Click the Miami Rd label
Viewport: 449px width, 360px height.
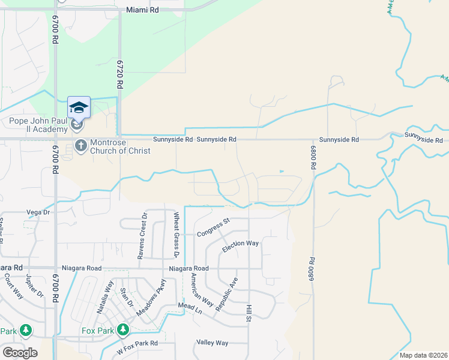[142, 10]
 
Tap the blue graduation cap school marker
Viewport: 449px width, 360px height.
[79, 107]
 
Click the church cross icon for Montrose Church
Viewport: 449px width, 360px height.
[80, 145]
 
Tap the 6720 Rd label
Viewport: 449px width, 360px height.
[119, 74]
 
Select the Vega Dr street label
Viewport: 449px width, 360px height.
[37, 212]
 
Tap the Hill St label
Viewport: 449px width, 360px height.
[248, 314]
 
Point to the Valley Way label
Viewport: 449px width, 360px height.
[212, 343]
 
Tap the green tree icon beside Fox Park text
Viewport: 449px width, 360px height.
[122, 329]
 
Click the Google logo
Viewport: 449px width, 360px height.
[20, 352]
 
